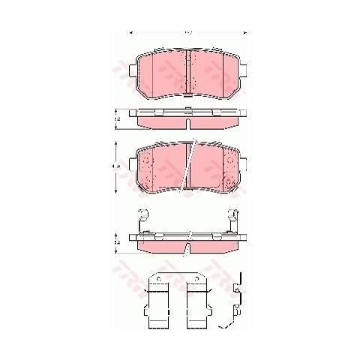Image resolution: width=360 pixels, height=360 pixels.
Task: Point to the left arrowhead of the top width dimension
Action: coord(132,32)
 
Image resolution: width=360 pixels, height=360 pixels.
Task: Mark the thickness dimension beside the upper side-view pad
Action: coord(116,118)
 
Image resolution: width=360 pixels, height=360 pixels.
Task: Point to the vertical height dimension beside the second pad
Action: coord(116,166)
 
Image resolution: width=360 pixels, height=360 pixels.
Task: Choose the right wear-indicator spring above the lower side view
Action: coord(234,220)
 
